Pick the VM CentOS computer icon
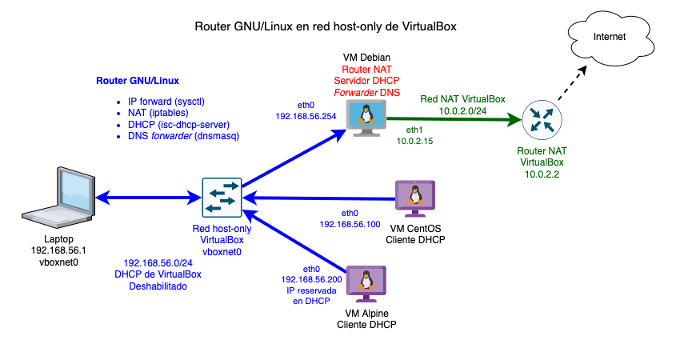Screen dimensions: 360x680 click(415, 197)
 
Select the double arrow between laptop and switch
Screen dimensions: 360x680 click(148, 197)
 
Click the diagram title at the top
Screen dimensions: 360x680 click(326, 26)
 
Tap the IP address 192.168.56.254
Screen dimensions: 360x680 click(307, 116)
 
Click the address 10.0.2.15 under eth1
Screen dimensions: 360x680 click(415, 141)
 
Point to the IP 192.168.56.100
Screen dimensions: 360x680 click(350, 225)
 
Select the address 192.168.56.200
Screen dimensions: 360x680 click(311, 279)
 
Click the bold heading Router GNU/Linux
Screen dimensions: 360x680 click(138, 81)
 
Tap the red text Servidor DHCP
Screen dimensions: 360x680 click(367, 82)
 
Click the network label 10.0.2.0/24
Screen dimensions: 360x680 click(463, 110)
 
